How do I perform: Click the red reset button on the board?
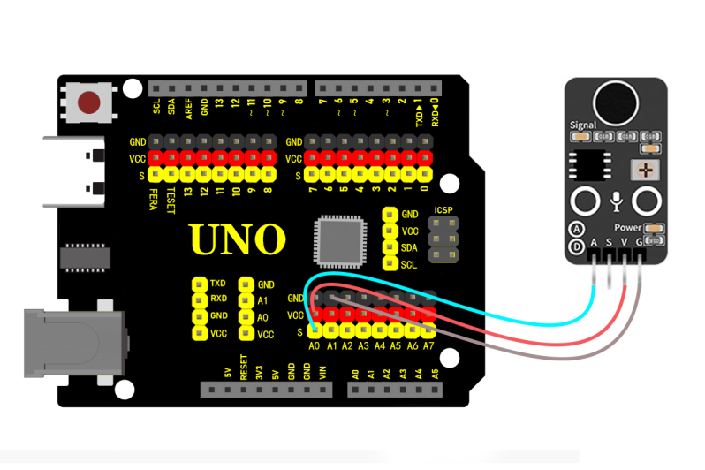click(x=89, y=102)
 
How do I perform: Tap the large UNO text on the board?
click(x=238, y=239)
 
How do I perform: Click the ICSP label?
click(x=443, y=210)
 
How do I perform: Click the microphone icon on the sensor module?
click(x=616, y=201)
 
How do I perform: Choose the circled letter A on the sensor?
click(x=576, y=229)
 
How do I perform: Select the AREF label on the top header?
click(x=189, y=107)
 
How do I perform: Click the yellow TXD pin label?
click(x=218, y=284)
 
